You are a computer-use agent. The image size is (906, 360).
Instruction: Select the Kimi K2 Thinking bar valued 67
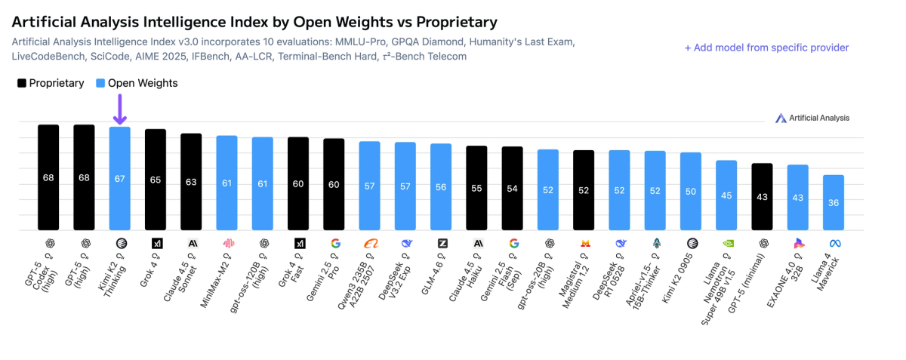119,178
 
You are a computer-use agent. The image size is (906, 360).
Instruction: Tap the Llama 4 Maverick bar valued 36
834,202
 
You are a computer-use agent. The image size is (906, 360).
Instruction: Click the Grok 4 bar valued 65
156,180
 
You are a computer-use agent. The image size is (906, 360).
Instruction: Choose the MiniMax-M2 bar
226,183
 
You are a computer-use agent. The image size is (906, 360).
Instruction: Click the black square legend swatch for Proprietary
22,83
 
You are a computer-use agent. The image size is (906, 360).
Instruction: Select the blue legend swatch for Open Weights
100,83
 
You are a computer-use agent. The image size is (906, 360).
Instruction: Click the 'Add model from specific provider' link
766,48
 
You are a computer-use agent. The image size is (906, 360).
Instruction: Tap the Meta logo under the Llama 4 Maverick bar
834,243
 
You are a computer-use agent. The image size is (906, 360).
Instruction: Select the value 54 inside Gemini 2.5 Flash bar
513,189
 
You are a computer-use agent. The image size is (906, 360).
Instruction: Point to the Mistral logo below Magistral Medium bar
584,243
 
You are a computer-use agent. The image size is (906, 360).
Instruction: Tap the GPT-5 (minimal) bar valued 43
762,196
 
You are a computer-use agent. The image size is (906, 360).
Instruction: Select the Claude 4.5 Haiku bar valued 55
476,188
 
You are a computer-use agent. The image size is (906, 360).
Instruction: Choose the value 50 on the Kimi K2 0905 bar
691,191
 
